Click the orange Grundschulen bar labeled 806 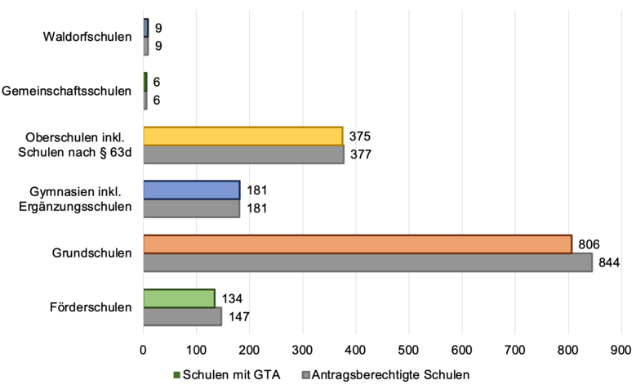[x=358, y=244]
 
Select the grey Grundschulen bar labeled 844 [x=367, y=262]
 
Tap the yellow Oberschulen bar [x=243, y=136]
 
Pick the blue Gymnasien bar [x=192, y=190]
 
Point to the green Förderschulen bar [x=180, y=297]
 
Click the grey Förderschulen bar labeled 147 [x=183, y=316]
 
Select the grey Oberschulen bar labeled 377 [x=244, y=154]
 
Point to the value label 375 [x=359, y=136]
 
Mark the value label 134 [x=232, y=297]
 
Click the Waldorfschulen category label [x=89, y=37]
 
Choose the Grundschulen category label [x=92, y=253]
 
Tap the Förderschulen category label [x=91, y=307]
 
